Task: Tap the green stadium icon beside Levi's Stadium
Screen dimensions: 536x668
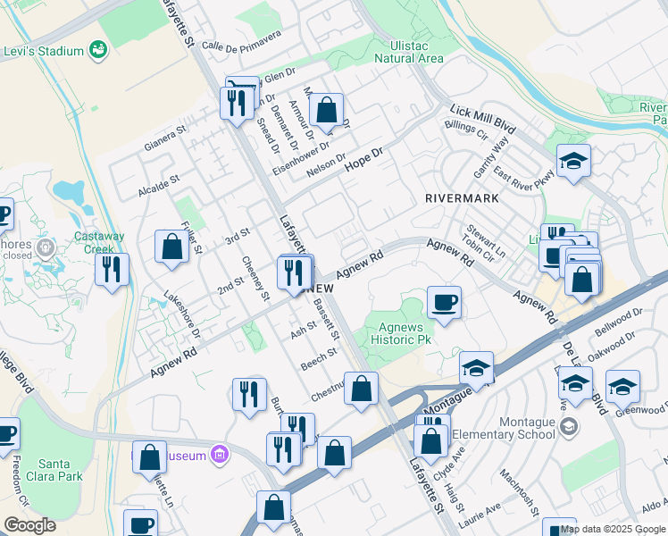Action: pyautogui.click(x=97, y=51)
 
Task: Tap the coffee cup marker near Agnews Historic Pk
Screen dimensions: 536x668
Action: pyautogui.click(x=444, y=302)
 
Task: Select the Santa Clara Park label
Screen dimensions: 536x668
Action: pyautogui.click(x=61, y=471)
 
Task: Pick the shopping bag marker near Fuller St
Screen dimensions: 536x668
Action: pyautogui.click(x=171, y=247)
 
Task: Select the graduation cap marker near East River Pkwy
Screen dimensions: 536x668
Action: pyautogui.click(x=573, y=161)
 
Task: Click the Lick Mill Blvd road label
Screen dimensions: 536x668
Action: pyautogui.click(x=483, y=115)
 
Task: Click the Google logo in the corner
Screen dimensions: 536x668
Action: pyautogui.click(x=29, y=525)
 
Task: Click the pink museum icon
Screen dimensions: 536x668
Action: pyautogui.click(x=220, y=456)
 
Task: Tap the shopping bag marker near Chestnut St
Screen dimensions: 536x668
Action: pyautogui.click(x=361, y=389)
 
